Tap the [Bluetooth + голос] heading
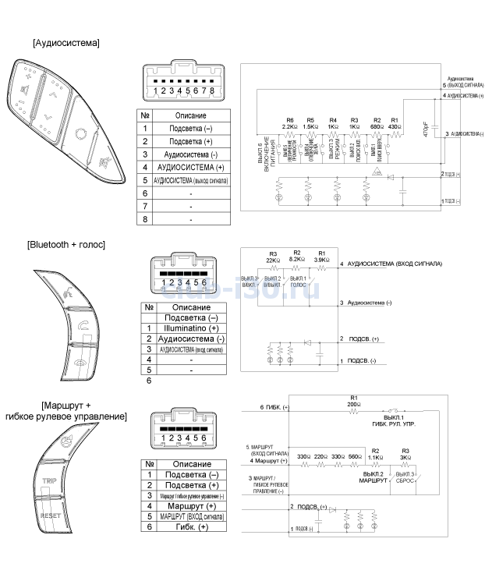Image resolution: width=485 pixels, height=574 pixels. point(65,245)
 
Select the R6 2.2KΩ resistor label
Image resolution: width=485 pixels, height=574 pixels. point(289,122)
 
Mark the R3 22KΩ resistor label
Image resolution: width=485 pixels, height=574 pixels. point(273,257)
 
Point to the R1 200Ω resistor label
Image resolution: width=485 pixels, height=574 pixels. point(354,402)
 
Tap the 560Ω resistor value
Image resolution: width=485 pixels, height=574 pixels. point(355,455)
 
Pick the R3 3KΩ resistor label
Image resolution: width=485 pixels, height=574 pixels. point(405,454)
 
